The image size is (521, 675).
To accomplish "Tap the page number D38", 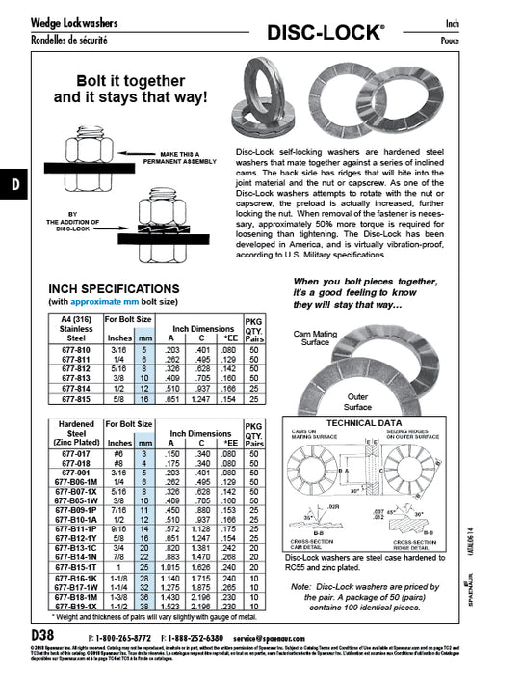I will point(44,636).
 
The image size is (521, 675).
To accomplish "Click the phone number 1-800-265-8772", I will point(124,637).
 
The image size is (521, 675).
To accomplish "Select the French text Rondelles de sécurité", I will point(69,40).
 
